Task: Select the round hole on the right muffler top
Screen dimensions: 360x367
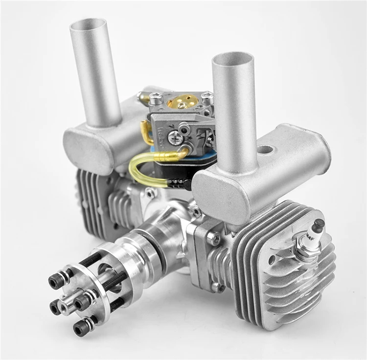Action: [264, 149]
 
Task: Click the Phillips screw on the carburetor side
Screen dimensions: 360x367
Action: [174, 138]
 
